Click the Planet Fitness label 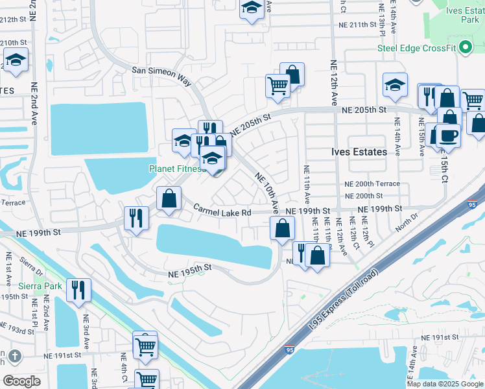(x=177, y=169)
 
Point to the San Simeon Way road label (x=162, y=74)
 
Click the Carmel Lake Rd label (x=222, y=211)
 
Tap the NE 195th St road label (x=190, y=267)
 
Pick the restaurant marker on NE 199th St (x=136, y=218)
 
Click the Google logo (x=21, y=381)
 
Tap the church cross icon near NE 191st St (x=15, y=356)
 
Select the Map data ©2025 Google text (x=444, y=384)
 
